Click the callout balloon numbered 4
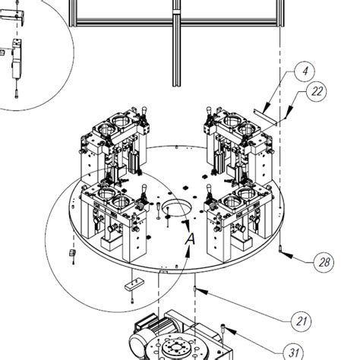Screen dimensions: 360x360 point(304,71)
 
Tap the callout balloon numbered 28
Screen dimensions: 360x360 point(324,263)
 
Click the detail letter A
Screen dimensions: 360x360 point(190,238)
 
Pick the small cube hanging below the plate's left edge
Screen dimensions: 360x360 point(73,252)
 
